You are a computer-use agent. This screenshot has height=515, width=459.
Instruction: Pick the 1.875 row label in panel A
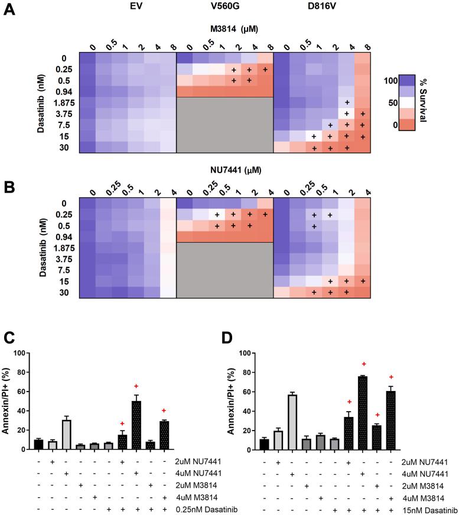tap(60, 102)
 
